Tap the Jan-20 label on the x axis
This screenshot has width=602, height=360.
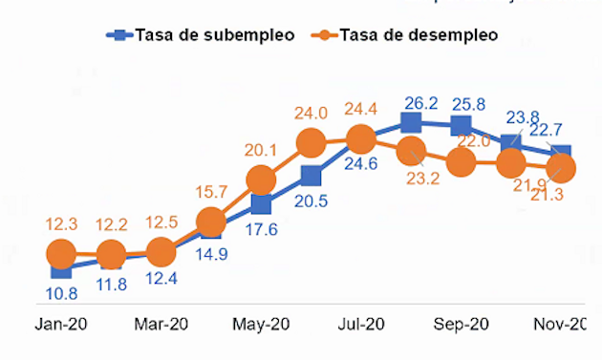pos(60,325)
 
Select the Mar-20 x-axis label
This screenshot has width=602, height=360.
pos(161,325)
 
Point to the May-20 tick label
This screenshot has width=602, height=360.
pos(261,325)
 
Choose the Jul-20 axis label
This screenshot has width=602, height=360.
pos(361,325)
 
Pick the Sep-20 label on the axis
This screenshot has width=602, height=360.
pos(461,325)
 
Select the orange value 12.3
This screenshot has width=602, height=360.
pos(61,223)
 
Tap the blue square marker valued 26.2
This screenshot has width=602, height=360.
pos(411,122)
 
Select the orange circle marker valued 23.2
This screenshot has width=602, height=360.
pos(411,150)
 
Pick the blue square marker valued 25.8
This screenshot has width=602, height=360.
pos(461,126)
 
